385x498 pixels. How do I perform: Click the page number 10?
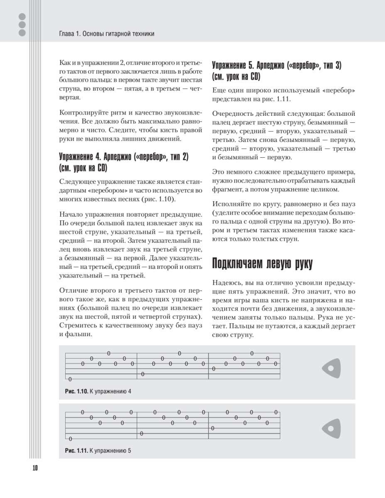click(34, 468)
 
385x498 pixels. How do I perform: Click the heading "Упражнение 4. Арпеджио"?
click(124, 157)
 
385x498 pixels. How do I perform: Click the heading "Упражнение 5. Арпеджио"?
click(277, 66)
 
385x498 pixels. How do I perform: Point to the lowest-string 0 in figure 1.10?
click(70, 379)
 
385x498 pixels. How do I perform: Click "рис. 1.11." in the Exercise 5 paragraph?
click(279, 100)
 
